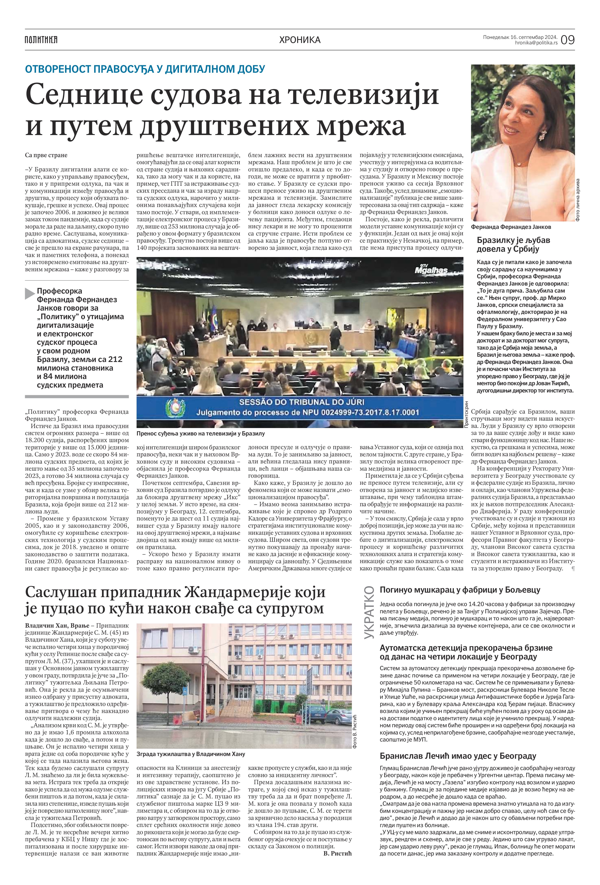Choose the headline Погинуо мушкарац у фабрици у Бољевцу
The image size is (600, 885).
460,590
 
